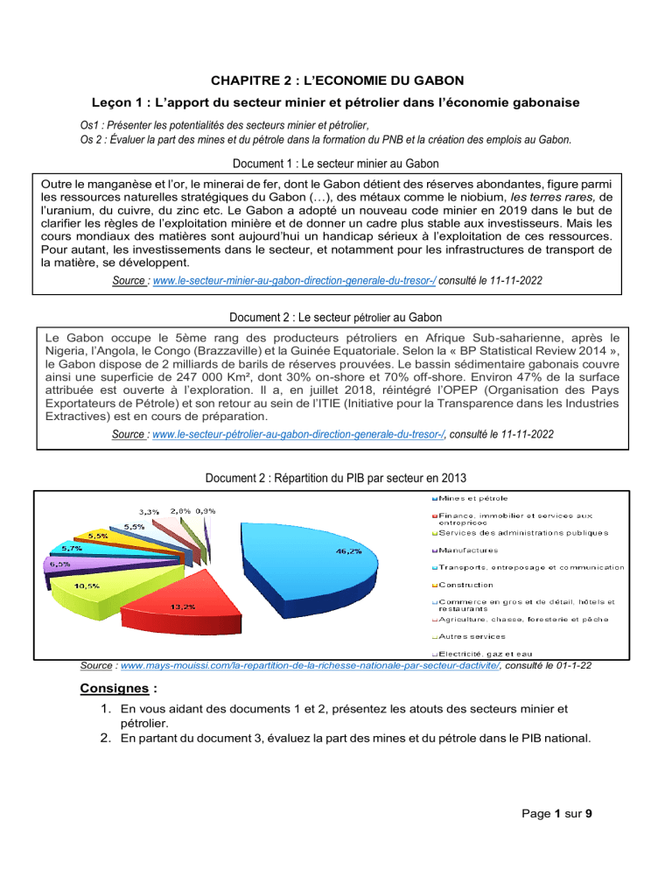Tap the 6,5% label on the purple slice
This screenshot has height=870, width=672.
pos(60,565)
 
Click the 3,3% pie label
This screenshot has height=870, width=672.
pos(149,511)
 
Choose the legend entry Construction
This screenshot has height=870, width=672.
pos(465,585)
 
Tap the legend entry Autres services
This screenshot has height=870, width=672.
pos(470,636)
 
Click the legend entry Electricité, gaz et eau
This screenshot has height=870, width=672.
pos(493,654)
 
